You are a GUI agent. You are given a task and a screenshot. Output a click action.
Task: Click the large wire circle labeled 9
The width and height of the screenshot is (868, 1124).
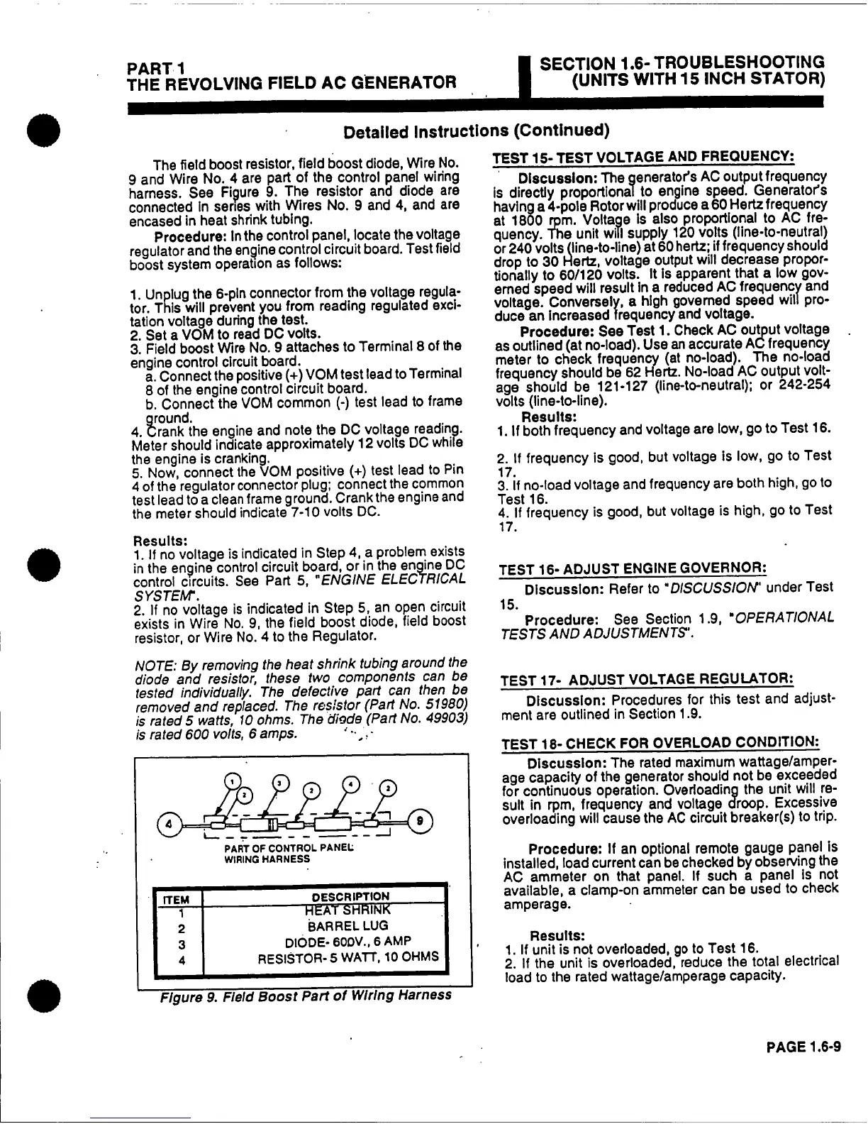pos(421,821)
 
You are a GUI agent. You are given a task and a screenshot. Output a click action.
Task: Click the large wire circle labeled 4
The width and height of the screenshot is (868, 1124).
pos(169,825)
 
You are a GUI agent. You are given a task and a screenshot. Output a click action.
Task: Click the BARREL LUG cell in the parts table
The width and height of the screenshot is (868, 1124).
pos(323,925)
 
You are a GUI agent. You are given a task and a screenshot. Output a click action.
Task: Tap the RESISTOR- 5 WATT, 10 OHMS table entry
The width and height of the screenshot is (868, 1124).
pos(347,957)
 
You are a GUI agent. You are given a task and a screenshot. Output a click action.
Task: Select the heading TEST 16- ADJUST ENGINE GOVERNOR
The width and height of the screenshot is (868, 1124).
pos(633,569)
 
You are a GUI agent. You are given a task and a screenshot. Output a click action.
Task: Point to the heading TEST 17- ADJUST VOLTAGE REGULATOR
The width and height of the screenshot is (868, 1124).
pos(646,680)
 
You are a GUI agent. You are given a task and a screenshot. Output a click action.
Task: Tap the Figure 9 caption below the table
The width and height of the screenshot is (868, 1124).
pos(305,995)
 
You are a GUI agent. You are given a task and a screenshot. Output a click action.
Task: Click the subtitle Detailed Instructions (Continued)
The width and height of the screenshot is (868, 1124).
pos(476,131)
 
